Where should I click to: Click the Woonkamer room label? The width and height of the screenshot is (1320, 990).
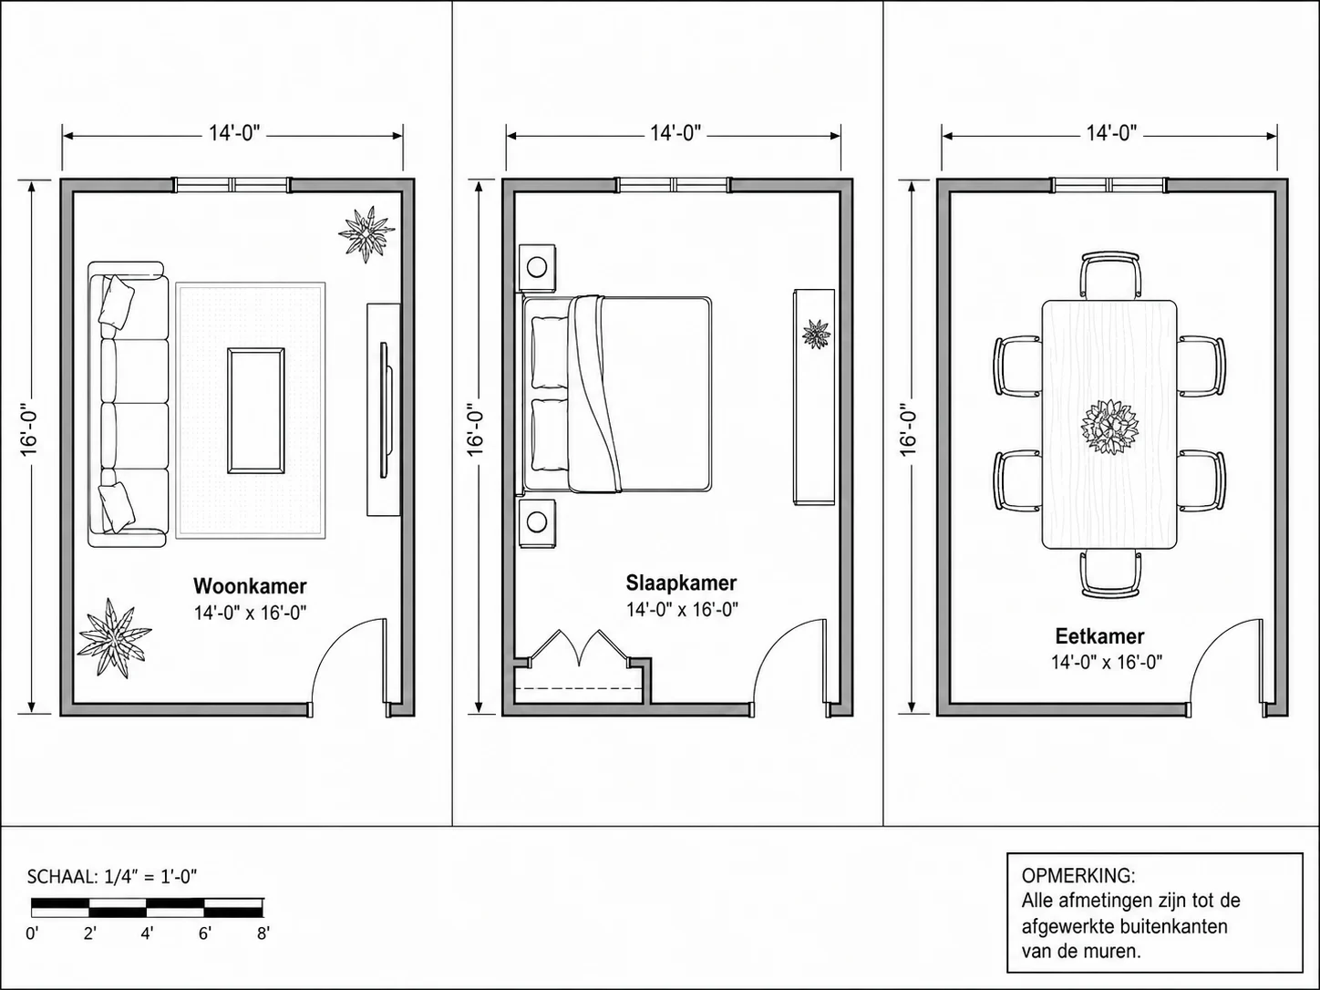click(250, 586)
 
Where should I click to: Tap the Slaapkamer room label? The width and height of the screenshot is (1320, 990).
click(681, 583)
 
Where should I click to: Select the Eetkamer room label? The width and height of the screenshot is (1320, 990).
click(1100, 636)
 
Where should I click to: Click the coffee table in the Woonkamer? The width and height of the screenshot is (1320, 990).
click(256, 411)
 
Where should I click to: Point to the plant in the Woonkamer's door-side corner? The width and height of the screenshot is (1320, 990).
click(114, 638)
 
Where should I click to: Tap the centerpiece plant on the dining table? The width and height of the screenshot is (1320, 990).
click(1109, 427)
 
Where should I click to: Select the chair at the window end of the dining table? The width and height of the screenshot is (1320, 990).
click(1110, 274)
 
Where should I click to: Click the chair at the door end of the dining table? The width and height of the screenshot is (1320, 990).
click(1110, 573)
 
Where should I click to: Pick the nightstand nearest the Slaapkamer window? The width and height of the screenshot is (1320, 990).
click(537, 267)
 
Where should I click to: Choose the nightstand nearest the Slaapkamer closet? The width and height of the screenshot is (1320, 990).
click(537, 523)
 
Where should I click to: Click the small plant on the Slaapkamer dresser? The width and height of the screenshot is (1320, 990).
click(816, 335)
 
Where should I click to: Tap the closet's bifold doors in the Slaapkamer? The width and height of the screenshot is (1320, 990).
click(579, 648)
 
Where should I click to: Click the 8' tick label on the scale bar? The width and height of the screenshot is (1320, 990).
click(263, 933)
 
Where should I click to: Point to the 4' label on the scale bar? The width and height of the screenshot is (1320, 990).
click(148, 933)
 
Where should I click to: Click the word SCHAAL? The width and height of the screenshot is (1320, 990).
click(61, 877)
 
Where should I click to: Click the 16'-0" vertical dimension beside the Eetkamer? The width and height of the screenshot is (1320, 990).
click(909, 429)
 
